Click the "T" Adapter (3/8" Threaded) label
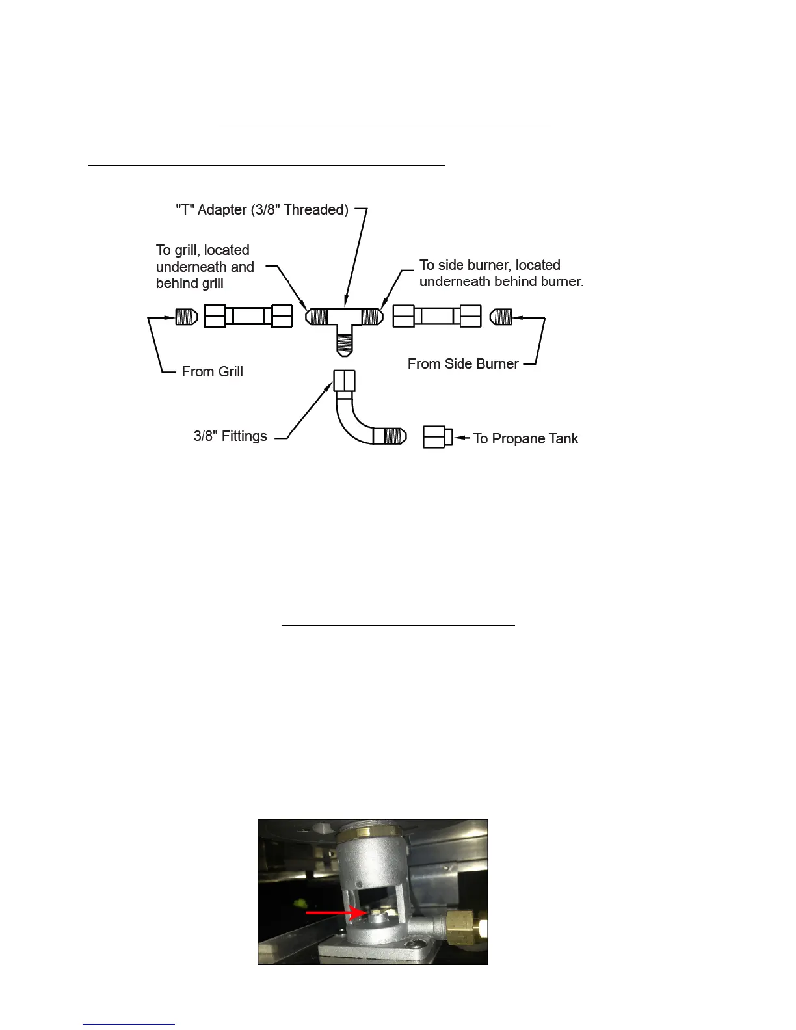[x=262, y=210]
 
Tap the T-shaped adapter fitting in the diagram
[x=345, y=318]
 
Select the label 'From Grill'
[x=212, y=372]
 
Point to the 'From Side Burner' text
[x=463, y=364]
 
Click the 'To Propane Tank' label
[x=525, y=439]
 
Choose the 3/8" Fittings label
[x=230, y=436]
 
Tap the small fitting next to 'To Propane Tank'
[x=437, y=437]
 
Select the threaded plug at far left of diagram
[x=187, y=317]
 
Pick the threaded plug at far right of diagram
[x=501, y=317]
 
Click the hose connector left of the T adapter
[x=248, y=317]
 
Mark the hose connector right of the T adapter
[x=437, y=317]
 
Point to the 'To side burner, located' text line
[x=490, y=265]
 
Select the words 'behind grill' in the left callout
[x=189, y=284]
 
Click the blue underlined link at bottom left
[x=129, y=1024]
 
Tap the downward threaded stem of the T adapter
[x=345, y=341]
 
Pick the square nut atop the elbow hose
[x=345, y=380]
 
